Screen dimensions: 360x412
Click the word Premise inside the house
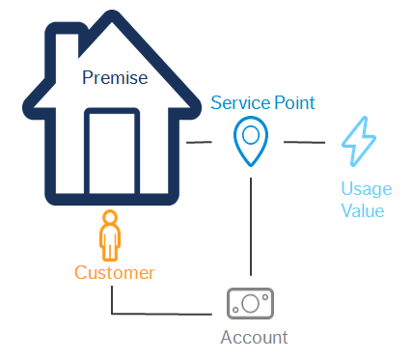coord(116,77)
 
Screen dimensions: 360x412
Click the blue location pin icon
coord(250,139)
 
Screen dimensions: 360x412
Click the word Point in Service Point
coord(291,101)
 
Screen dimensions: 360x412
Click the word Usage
coord(362,190)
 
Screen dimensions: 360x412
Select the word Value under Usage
coord(363,211)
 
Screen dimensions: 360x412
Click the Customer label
coord(114,273)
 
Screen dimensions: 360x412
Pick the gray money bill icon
coord(251,303)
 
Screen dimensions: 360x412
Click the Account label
coord(254,337)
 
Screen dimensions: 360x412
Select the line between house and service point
coord(199,144)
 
